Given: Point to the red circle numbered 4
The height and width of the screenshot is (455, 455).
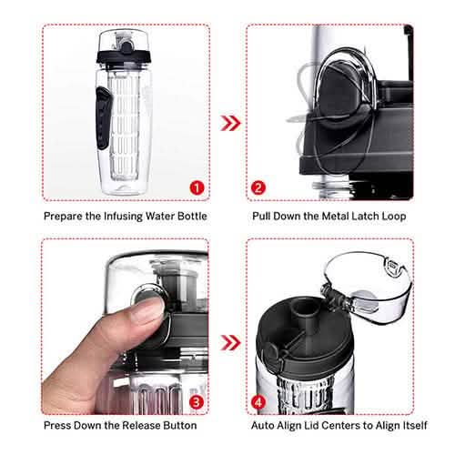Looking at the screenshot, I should [259, 401].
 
